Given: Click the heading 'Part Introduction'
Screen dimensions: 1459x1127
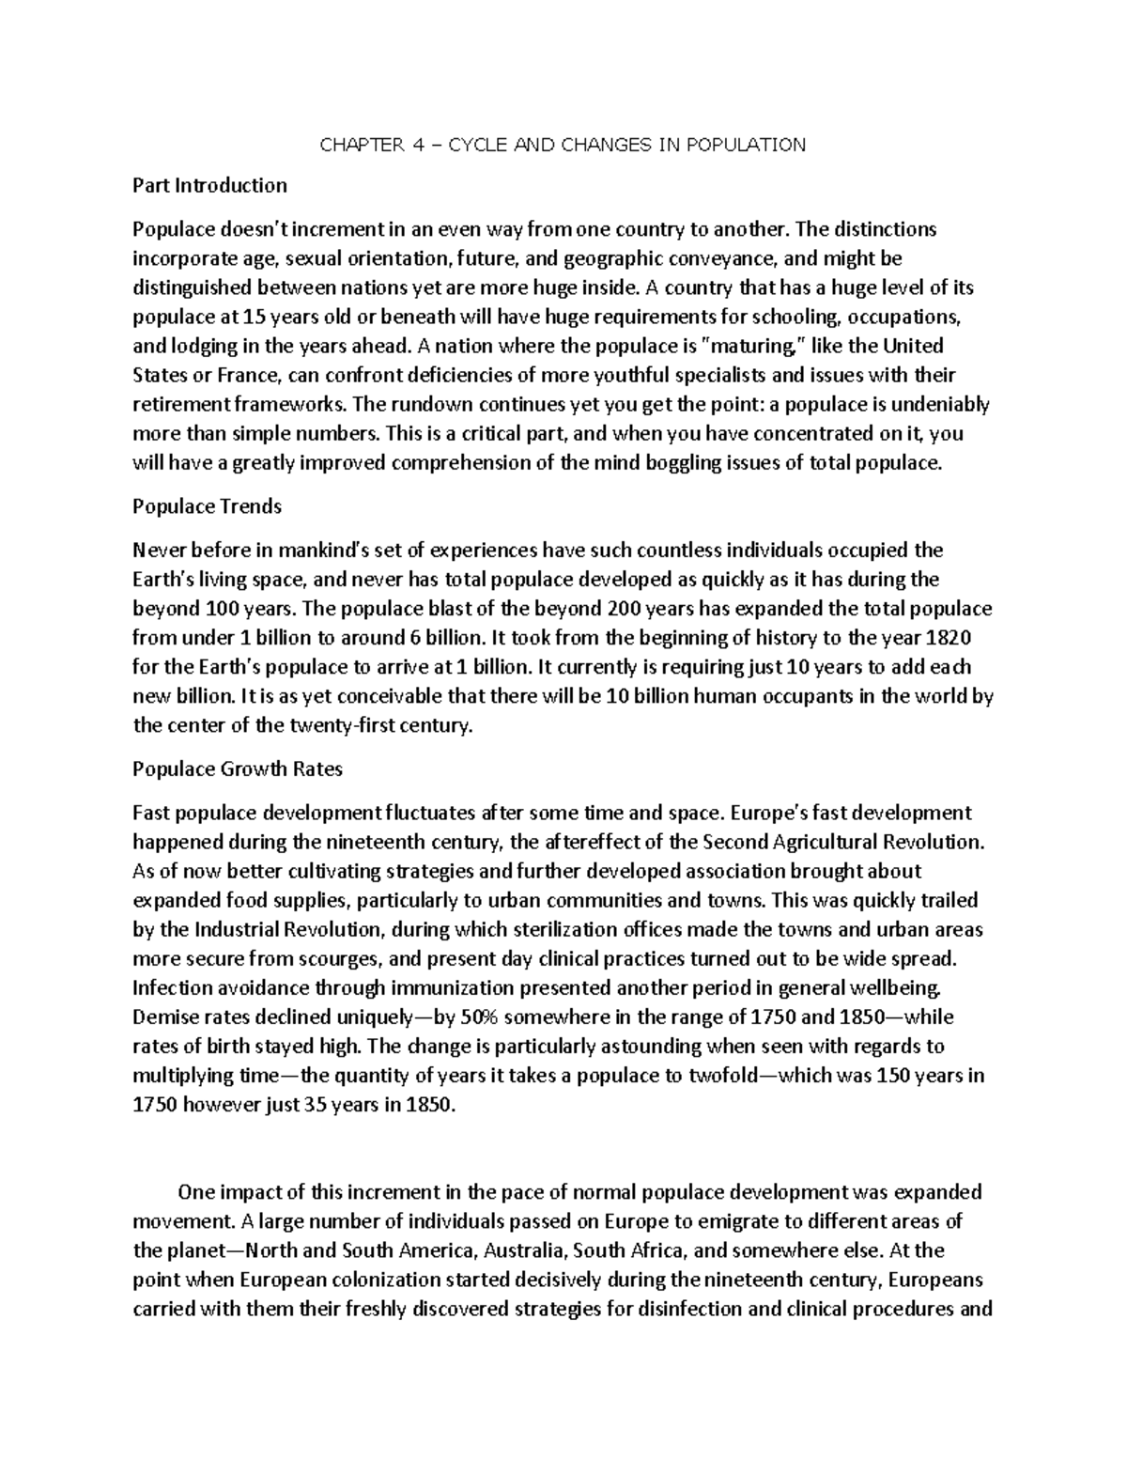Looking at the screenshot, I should (x=209, y=185).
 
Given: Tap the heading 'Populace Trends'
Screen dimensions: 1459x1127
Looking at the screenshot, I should (x=207, y=506).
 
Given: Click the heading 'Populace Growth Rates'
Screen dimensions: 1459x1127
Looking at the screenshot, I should (x=238, y=769).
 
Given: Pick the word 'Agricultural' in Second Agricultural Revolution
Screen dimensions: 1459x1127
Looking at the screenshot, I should (x=812, y=842).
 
